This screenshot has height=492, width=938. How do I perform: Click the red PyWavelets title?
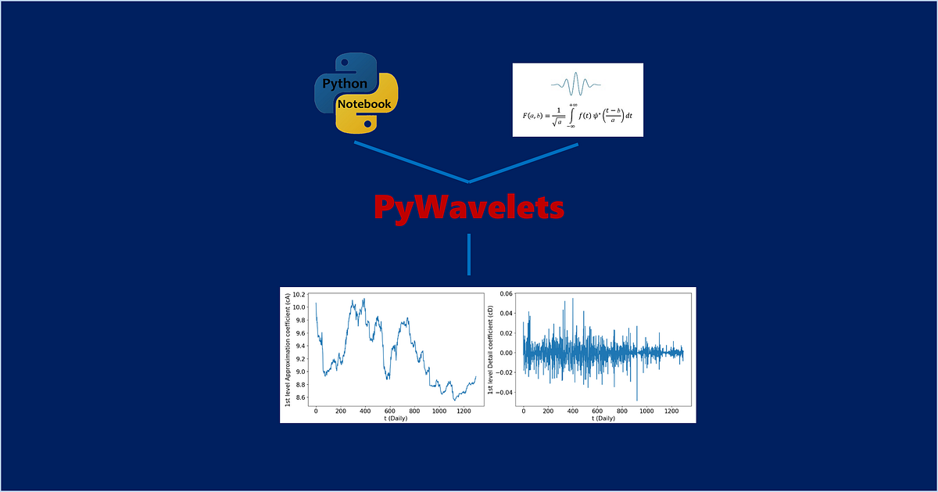click(468, 208)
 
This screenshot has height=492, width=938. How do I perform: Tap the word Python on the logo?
click(345, 83)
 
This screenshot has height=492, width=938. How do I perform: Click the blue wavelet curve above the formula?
click(578, 83)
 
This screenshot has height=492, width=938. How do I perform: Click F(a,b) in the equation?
click(536, 116)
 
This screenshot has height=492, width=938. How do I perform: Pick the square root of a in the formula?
click(557, 121)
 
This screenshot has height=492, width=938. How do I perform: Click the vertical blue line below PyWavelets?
click(469, 254)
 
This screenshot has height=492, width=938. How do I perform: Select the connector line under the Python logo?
click(411, 162)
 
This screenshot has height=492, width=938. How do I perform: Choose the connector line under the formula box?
click(524, 163)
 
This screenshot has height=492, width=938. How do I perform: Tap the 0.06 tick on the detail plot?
click(507, 294)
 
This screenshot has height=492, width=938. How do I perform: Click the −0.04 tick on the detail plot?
click(503, 392)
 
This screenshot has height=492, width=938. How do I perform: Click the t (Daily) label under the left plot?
click(396, 418)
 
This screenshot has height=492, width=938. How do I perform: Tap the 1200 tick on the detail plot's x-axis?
click(670, 411)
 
